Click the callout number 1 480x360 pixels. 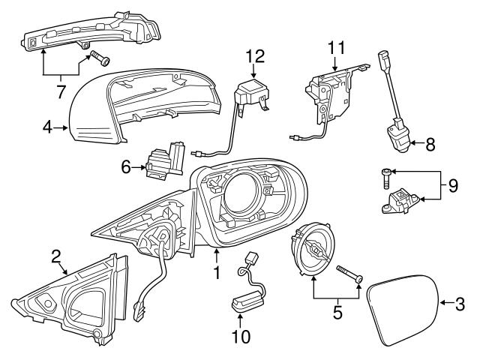coord(217,274)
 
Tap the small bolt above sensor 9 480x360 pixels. coord(384,178)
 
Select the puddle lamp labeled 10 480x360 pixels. coord(246,298)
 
